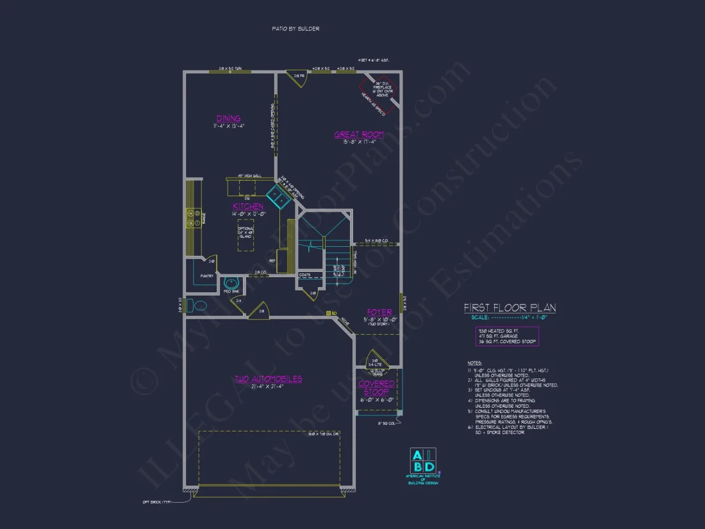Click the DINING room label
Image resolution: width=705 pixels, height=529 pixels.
228,118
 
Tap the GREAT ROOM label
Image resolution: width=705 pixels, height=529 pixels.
359,135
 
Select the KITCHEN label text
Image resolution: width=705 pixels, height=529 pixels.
247,206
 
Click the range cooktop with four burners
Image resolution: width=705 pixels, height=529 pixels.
190,218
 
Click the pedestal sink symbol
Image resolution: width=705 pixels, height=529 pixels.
231,282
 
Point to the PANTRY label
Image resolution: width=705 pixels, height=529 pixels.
206,276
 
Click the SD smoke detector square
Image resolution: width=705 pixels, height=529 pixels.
328,313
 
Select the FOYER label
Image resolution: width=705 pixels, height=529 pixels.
379,312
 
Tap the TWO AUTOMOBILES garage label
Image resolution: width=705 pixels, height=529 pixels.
268,379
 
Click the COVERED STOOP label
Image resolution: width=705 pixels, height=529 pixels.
376,388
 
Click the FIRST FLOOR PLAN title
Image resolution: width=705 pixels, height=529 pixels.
510,308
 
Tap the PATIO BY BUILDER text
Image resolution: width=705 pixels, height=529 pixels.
295,29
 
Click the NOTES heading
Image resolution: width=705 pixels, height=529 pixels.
474,363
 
